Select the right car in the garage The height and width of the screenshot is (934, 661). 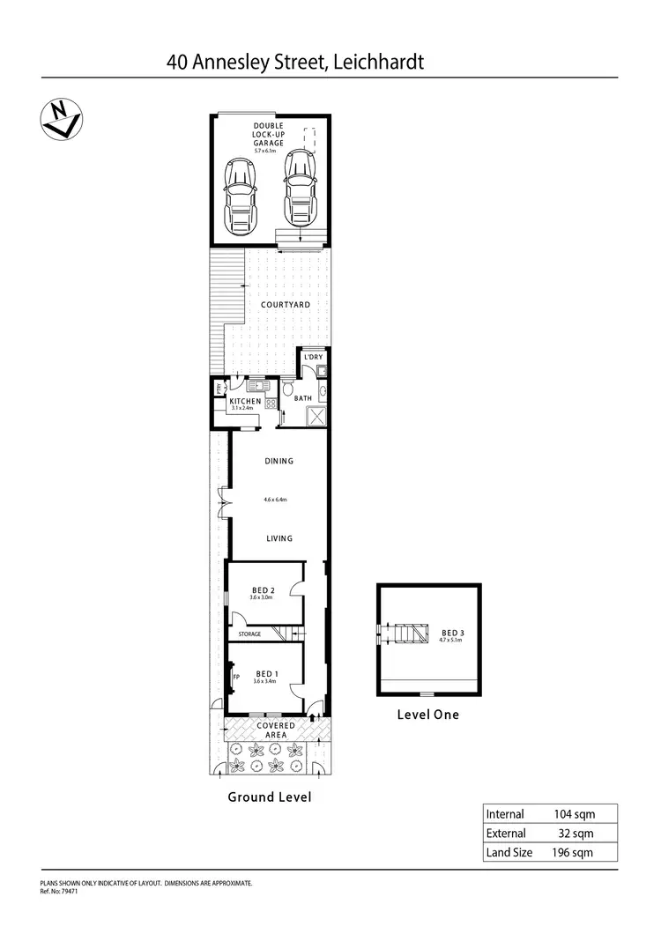301,189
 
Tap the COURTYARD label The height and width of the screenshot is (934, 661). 285,305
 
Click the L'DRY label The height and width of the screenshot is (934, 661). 314,357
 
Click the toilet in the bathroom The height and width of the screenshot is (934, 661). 289,389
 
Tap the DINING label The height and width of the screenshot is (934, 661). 279,461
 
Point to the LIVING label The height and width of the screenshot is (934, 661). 279,538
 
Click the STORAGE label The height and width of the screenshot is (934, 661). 249,634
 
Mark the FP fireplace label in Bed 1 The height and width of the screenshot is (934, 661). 235,677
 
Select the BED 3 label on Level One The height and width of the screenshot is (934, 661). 449,632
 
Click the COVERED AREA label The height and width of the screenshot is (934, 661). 276,730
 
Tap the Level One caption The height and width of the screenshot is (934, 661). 428,715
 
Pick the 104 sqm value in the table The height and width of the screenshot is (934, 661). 573,814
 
